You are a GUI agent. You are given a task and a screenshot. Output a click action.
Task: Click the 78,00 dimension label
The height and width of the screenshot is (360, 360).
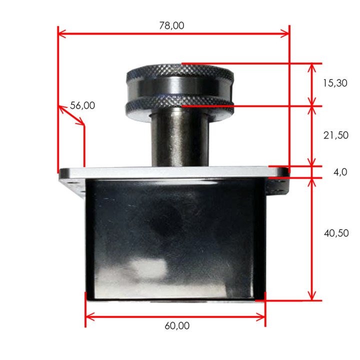coord(171,25)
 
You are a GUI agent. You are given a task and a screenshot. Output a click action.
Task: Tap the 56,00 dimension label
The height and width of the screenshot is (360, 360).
coord(82,105)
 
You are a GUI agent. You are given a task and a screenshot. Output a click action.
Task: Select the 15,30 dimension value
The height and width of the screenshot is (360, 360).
coord(335,83)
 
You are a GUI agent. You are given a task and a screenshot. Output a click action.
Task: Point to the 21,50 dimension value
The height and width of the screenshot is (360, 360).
coord(336,135)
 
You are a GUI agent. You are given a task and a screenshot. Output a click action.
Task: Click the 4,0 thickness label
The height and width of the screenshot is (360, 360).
coord(340,172)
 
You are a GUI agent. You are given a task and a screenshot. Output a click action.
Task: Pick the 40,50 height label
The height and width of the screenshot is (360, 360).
coord(336,233)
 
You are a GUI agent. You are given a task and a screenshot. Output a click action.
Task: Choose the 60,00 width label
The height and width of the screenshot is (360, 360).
coord(177,326)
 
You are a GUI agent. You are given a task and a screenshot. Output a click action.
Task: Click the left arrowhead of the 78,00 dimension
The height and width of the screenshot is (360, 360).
coord(61,34)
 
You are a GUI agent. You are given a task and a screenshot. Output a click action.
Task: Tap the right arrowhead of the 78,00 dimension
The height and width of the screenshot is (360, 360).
coord(285,34)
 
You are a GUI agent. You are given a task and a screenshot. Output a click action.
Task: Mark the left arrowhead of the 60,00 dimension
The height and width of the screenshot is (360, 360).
coord(89,317)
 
